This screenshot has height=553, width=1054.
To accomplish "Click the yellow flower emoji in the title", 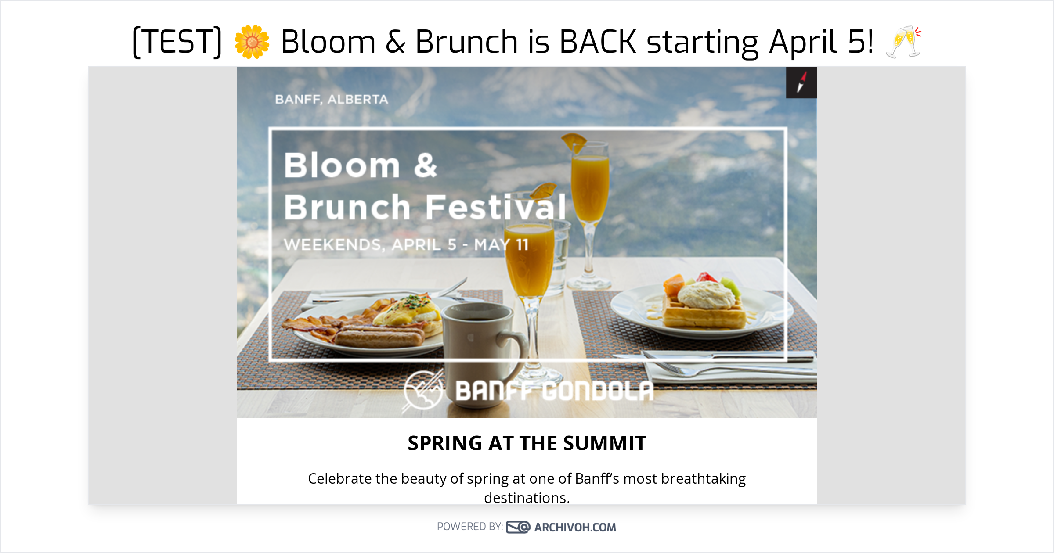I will (252, 42).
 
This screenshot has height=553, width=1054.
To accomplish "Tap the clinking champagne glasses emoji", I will (904, 42).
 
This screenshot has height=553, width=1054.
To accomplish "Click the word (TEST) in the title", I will (177, 42).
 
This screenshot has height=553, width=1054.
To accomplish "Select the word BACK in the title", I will (598, 42).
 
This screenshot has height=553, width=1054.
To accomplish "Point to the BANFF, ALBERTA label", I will (332, 100).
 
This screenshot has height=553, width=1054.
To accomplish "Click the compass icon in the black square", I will (801, 83).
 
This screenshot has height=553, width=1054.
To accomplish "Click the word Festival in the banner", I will (495, 207).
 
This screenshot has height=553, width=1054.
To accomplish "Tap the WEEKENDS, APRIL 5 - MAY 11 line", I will (406, 244).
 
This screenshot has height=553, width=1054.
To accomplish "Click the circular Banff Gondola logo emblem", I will (422, 390).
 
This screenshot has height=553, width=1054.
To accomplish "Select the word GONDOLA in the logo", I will (598, 391).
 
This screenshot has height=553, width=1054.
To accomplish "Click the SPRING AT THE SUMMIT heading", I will (527, 443).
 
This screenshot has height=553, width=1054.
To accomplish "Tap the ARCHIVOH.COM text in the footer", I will (575, 527).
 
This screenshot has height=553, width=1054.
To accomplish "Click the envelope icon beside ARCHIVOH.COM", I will (518, 527).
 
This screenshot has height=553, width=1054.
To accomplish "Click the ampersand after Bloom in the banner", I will (425, 165).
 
